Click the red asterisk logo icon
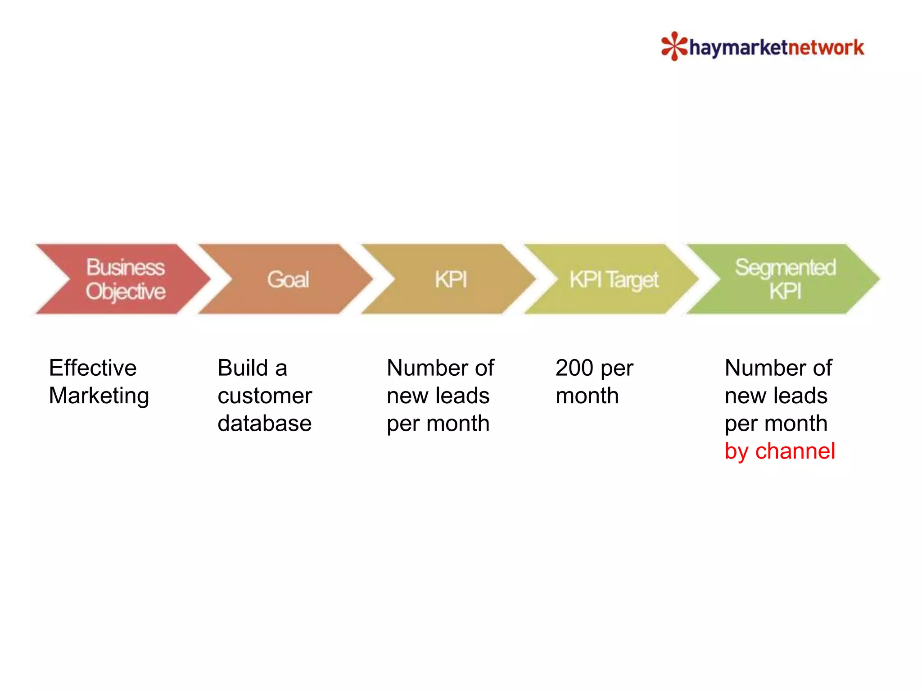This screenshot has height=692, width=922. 674,46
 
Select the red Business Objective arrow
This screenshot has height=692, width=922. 122,279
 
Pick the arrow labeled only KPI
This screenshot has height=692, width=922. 450,279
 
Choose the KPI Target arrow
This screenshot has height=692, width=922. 613,279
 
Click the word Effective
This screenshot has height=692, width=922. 93,368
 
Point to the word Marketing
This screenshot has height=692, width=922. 99,396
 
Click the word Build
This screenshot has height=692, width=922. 243,368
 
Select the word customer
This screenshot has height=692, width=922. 265,396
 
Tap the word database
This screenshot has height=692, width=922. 265,423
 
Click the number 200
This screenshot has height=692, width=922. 574,368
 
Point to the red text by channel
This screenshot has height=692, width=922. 780,451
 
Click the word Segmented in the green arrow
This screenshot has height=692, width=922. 786,268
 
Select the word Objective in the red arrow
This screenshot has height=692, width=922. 126,291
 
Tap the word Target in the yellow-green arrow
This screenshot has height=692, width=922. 632,280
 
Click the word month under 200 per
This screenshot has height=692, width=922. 587,396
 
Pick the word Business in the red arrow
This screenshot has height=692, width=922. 126,267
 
